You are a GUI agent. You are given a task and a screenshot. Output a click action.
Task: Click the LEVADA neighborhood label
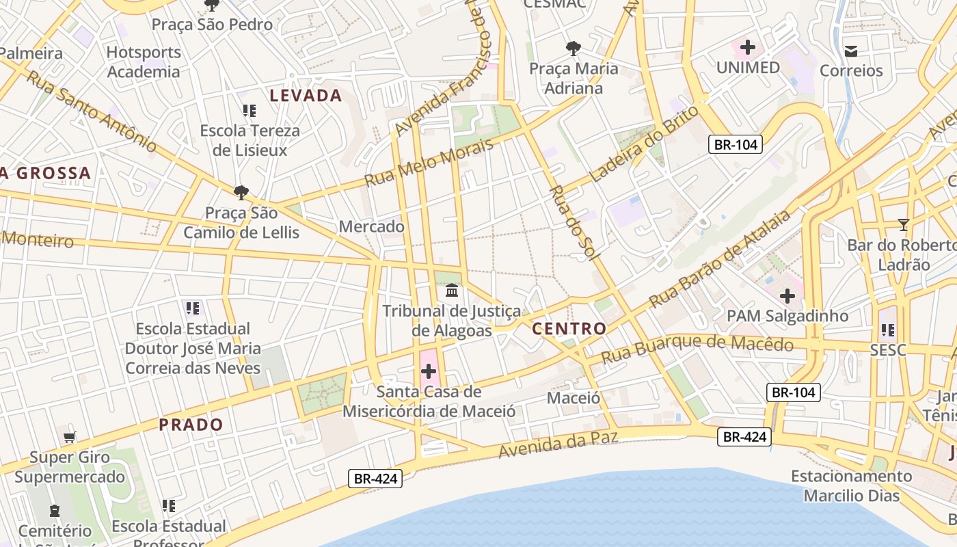[x=306, y=96]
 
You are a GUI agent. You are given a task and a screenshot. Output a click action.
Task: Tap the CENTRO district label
[x=569, y=329]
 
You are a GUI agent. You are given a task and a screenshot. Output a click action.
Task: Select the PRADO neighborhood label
[x=191, y=425]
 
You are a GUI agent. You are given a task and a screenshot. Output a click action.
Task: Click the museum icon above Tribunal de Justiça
[x=452, y=291]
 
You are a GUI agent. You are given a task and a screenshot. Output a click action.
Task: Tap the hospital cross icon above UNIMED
[x=747, y=47]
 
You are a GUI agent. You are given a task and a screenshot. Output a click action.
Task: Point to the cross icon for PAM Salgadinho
[x=787, y=296]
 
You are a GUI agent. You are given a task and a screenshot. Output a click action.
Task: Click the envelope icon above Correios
[x=851, y=51]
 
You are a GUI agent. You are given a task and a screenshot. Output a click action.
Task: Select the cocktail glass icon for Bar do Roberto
[x=904, y=224]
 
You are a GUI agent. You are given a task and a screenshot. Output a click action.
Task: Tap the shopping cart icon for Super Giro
[x=69, y=438]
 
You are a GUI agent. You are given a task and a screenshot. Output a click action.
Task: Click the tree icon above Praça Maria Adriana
[x=574, y=48]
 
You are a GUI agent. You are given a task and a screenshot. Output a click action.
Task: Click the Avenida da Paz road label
[x=558, y=444]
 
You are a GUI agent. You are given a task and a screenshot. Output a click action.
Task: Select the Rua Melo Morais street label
[x=429, y=163]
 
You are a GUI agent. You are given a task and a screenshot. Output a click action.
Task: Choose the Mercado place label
[x=371, y=226]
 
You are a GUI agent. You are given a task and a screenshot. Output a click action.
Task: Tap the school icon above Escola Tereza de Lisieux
[x=249, y=110]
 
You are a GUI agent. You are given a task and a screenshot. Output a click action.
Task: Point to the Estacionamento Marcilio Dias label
[x=851, y=485]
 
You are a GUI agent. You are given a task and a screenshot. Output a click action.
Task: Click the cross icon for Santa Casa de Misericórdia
[x=429, y=371]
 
